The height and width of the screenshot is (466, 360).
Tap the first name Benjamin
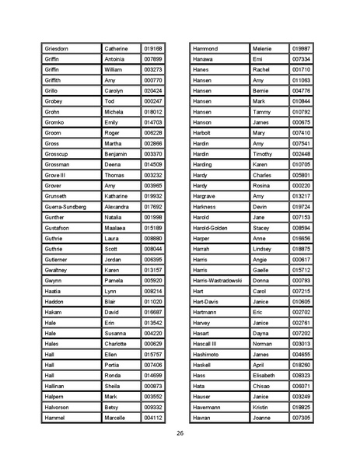[117, 154]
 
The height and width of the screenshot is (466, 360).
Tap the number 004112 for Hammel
[152, 418]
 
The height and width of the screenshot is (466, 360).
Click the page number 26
[180, 433]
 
